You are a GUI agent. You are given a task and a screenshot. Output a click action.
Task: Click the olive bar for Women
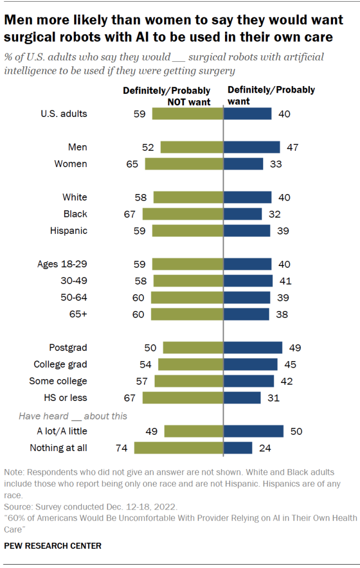184,164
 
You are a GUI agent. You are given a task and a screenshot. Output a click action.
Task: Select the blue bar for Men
251,147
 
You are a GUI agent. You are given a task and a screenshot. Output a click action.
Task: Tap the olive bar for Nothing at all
178,448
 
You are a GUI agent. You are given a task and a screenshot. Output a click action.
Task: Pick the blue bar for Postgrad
253,348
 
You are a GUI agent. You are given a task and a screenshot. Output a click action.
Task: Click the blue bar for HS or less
242,398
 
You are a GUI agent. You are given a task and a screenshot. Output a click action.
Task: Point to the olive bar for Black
183,214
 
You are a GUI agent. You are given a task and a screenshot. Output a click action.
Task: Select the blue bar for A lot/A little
253,431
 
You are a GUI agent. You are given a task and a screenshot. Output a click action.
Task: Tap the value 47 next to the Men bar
291,147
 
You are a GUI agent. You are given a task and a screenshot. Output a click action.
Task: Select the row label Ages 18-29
62,264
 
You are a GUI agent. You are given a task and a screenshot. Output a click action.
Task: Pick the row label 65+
77,314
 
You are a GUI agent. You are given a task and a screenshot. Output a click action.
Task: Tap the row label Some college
58,381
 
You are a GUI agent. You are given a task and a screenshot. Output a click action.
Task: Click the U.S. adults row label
64,114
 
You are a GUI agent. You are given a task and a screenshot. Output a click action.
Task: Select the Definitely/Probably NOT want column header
166,96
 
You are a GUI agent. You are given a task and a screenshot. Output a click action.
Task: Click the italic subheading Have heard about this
73,416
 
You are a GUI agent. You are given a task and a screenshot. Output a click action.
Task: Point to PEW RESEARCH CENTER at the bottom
53,546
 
